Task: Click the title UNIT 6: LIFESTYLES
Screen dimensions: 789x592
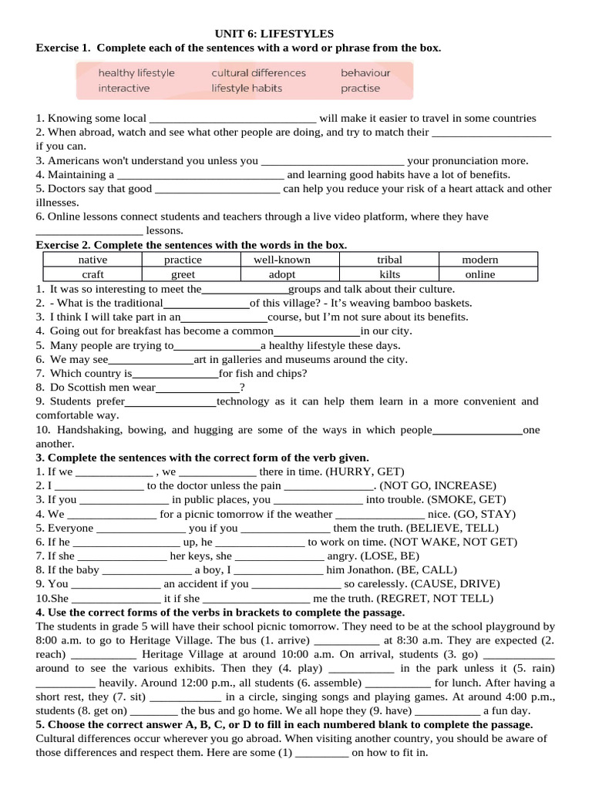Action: click(x=274, y=34)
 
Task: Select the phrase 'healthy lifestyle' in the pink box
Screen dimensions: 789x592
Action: click(x=136, y=73)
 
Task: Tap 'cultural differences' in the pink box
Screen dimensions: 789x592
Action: click(x=258, y=73)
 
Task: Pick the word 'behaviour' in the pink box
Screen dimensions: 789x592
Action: click(x=365, y=73)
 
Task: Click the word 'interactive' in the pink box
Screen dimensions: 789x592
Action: click(x=124, y=88)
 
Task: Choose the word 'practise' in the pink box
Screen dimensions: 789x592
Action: click(x=360, y=88)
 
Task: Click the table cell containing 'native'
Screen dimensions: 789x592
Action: click(x=93, y=260)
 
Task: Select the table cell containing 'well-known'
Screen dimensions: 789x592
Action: click(x=282, y=260)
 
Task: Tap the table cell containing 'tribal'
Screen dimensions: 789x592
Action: click(x=390, y=260)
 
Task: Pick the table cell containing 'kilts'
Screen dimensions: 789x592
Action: click(x=390, y=274)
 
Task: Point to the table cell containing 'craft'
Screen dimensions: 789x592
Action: click(x=93, y=274)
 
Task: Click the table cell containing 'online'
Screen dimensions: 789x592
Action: click(x=480, y=274)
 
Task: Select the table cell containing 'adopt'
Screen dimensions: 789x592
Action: click(x=282, y=274)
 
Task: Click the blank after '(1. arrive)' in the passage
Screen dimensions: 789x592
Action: click(x=348, y=641)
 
